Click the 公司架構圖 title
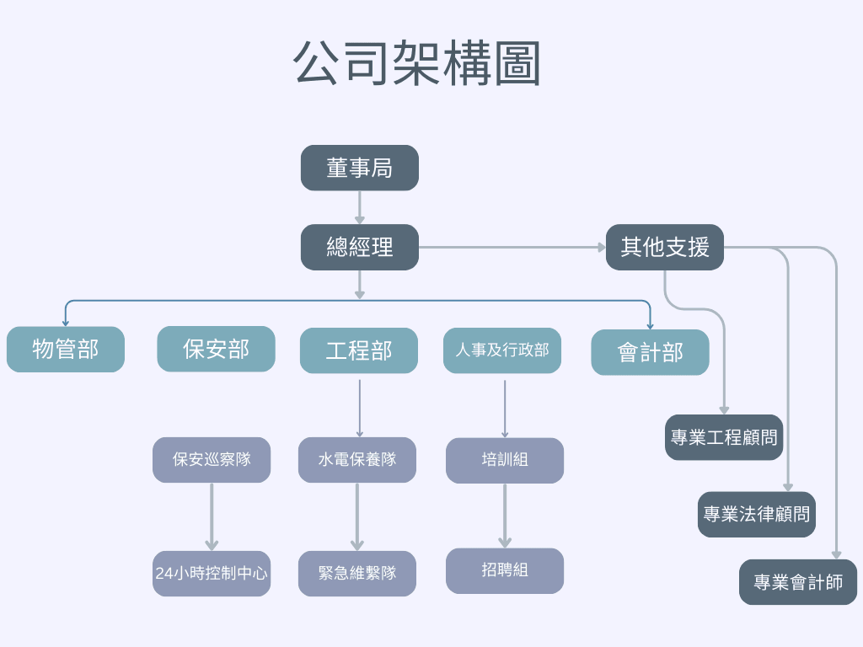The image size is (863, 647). click(x=417, y=64)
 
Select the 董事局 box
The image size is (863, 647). click(x=360, y=168)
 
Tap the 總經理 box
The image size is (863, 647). click(x=360, y=247)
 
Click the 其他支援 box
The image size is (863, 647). click(x=665, y=247)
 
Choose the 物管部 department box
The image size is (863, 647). click(x=66, y=349)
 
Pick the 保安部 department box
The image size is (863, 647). click(x=216, y=349)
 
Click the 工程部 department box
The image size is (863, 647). click(x=359, y=350)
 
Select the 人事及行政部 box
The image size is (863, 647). click(x=502, y=350)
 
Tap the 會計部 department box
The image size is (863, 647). click(x=650, y=352)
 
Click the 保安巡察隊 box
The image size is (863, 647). click(x=212, y=459)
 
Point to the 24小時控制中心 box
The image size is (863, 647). click(x=212, y=574)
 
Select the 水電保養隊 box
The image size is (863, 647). click(x=357, y=459)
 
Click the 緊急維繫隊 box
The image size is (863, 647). click(x=357, y=574)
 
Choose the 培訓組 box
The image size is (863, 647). click(x=505, y=460)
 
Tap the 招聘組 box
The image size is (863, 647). click(x=505, y=570)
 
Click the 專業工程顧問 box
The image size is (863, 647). click(x=724, y=437)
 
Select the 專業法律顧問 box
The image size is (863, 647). click(x=757, y=514)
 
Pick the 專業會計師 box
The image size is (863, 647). click(x=798, y=582)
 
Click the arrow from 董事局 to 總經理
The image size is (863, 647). click(x=360, y=207)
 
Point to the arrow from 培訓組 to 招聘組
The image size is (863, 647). click(x=505, y=516)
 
